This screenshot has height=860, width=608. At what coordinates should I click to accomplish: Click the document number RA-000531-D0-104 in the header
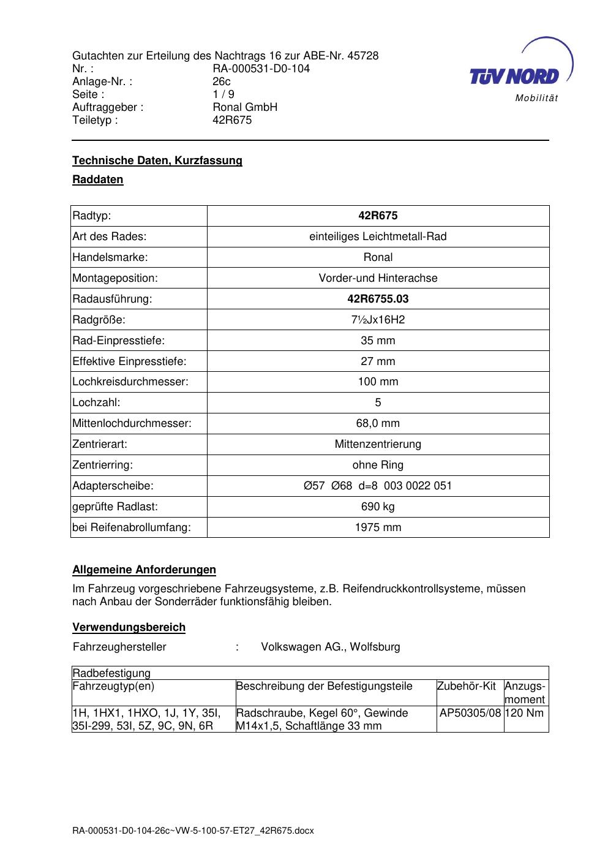coord(261,69)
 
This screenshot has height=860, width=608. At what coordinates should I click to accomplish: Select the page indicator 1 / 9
coord(223,94)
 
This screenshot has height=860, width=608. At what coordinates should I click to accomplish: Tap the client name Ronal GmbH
coord(245,107)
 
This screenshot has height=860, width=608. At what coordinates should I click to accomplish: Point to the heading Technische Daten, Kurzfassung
coord(157,160)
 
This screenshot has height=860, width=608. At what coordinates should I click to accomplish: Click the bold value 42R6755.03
coord(378,299)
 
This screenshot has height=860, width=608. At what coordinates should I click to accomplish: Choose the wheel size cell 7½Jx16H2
coord(378,320)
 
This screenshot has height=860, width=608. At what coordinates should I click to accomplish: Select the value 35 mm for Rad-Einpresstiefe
coord(378,341)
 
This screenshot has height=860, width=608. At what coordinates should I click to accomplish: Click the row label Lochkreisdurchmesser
coord(130,382)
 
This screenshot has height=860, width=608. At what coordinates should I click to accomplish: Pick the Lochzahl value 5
coord(378,402)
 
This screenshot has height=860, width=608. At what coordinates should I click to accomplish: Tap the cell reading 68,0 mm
coord(378,423)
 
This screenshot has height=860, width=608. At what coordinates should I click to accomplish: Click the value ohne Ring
coord(378,465)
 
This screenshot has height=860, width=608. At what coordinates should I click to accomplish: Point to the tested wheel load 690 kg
coord(378,507)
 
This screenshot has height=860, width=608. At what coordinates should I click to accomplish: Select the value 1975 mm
coord(378,527)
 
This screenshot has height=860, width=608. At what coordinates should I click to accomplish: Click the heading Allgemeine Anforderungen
coord(144,570)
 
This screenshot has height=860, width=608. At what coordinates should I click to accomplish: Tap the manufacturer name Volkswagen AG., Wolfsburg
coord(331,647)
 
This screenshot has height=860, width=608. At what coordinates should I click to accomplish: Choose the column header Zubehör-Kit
coord(466,686)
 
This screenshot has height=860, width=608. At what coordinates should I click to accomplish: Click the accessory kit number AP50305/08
coord(470,713)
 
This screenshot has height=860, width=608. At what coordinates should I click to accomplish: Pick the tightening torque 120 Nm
coord(524,713)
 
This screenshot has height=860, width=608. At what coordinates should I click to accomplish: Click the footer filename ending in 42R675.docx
coord(193,831)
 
